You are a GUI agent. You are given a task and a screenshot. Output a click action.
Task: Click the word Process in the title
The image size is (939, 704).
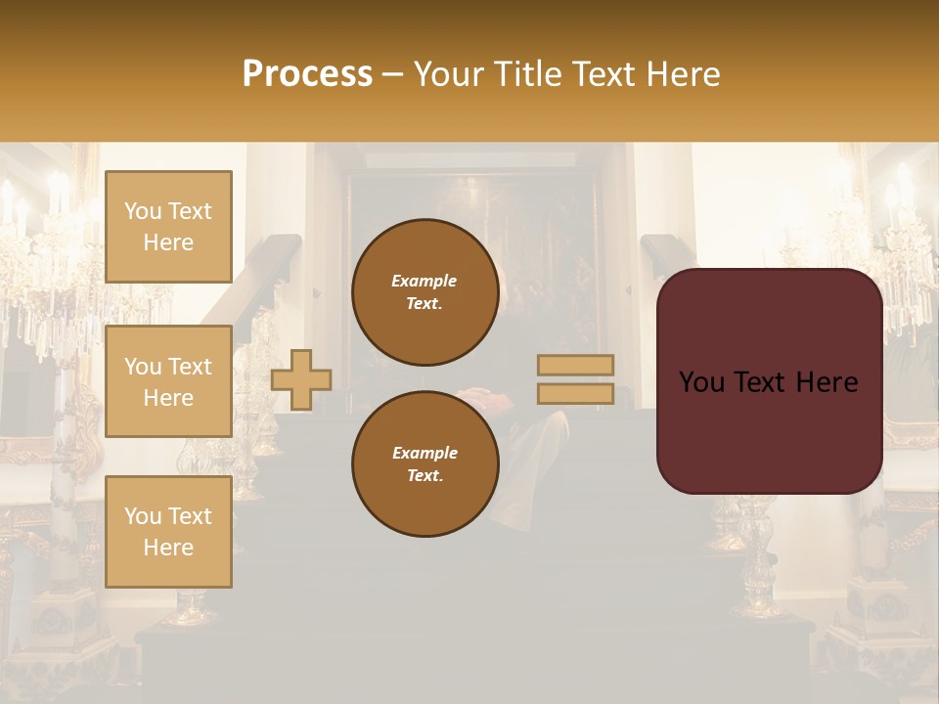pos(307,74)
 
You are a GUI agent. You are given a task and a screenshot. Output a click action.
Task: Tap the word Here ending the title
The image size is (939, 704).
pos(681,74)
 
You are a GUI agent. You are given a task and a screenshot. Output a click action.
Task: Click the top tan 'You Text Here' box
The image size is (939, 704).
pos(168,227)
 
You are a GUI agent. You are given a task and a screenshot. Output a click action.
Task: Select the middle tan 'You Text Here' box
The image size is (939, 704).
pos(168,381)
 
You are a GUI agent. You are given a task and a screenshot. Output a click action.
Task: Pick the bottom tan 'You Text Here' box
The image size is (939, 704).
pos(168,531)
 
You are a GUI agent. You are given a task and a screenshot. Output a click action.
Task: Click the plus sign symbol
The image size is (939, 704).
pos(301,379)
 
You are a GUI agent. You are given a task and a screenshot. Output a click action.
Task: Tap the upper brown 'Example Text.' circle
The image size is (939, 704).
pos(425,292)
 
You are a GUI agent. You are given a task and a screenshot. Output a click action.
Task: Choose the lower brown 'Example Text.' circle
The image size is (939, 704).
pos(425,464)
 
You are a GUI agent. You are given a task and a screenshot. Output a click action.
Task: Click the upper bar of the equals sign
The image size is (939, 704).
pos(575,365)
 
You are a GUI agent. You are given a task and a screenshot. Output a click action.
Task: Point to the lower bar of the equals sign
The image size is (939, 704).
pos(575,393)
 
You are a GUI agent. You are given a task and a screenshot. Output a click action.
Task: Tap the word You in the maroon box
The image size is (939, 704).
pos(700,382)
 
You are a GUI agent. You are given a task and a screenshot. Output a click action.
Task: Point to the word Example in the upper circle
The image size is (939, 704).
pos(425,281)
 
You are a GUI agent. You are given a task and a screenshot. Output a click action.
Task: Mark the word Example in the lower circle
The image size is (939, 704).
pos(425,453)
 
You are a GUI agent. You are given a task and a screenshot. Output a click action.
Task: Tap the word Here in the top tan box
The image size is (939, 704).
pos(168,242)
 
